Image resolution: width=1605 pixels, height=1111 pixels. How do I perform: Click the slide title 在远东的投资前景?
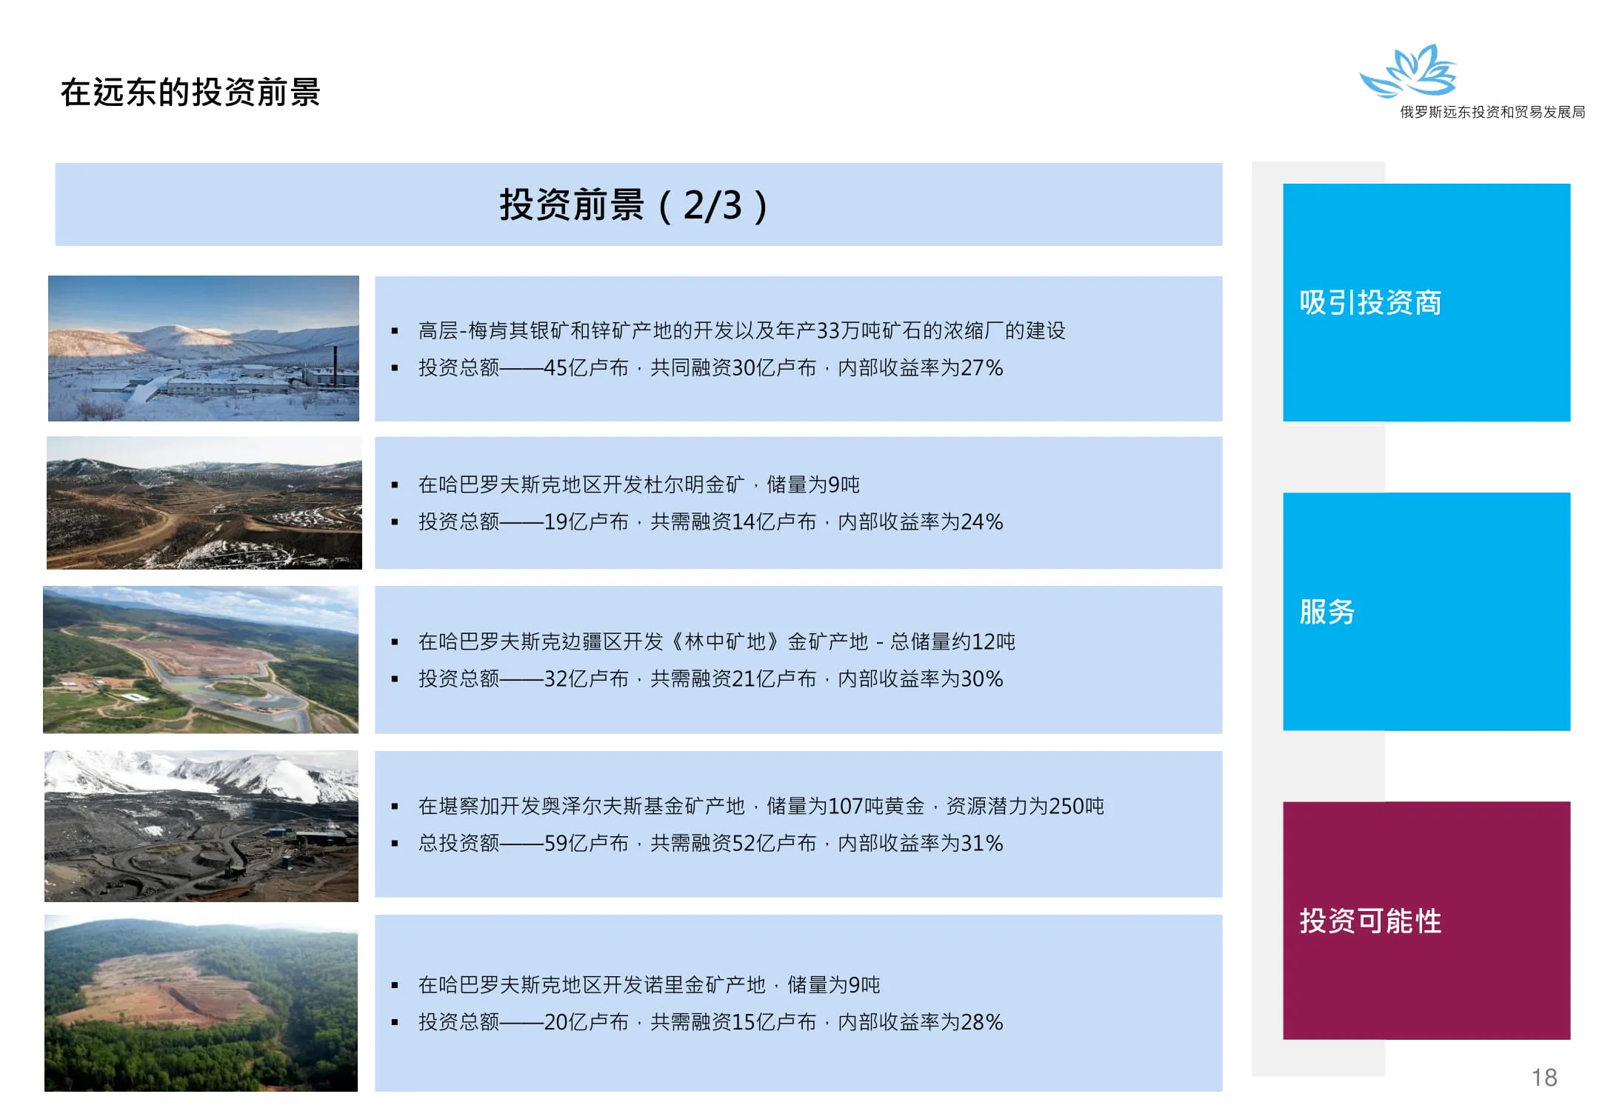click(x=190, y=93)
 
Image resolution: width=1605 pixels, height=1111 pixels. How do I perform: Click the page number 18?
click(x=1544, y=1077)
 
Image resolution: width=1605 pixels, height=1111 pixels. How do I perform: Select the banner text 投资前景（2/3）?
click(x=634, y=205)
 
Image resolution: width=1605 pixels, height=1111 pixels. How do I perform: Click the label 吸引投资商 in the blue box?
click(x=1370, y=302)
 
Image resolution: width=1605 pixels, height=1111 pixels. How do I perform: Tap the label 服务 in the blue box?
click(x=1327, y=612)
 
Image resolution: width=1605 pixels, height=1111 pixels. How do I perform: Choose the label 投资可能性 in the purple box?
click(x=1370, y=921)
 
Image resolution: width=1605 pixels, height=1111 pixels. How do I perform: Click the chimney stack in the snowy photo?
click(x=335, y=365)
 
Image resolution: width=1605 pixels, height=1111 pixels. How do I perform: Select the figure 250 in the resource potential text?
click(x=1067, y=807)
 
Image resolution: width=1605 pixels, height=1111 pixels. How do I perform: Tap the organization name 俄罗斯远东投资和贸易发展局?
click(x=1492, y=112)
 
